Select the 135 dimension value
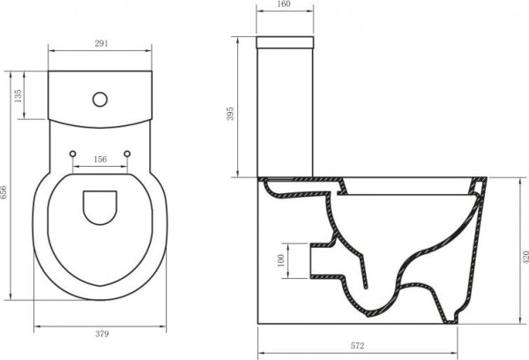point(18,96)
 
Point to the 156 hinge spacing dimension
point(100,160)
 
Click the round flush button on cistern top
point(100,96)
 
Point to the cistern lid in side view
point(284,41)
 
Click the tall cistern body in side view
point(284,110)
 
